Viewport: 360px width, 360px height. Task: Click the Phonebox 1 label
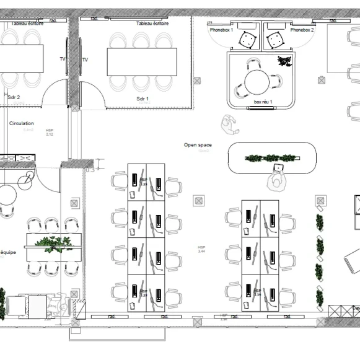point(221,29)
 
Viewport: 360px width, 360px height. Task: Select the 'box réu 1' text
point(263,102)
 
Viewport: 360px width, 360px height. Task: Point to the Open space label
point(198,145)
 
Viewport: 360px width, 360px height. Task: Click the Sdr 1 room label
point(143,99)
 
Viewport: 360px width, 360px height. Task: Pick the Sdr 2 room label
point(14,97)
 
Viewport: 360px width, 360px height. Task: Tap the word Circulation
point(21,123)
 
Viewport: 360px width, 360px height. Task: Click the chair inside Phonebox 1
point(248,40)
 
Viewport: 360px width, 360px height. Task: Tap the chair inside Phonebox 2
point(275,40)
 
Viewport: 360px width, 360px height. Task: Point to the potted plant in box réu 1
point(284,61)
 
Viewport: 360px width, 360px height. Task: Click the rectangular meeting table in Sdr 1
point(138,62)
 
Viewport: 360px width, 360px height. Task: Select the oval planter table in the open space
point(272,158)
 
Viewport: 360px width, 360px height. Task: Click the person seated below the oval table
point(276,179)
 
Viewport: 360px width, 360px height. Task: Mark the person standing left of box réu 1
point(230,124)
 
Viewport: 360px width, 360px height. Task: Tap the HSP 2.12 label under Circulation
point(50,132)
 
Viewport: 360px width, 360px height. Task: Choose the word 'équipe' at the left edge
point(8,252)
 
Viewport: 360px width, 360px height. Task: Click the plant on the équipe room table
point(54,243)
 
